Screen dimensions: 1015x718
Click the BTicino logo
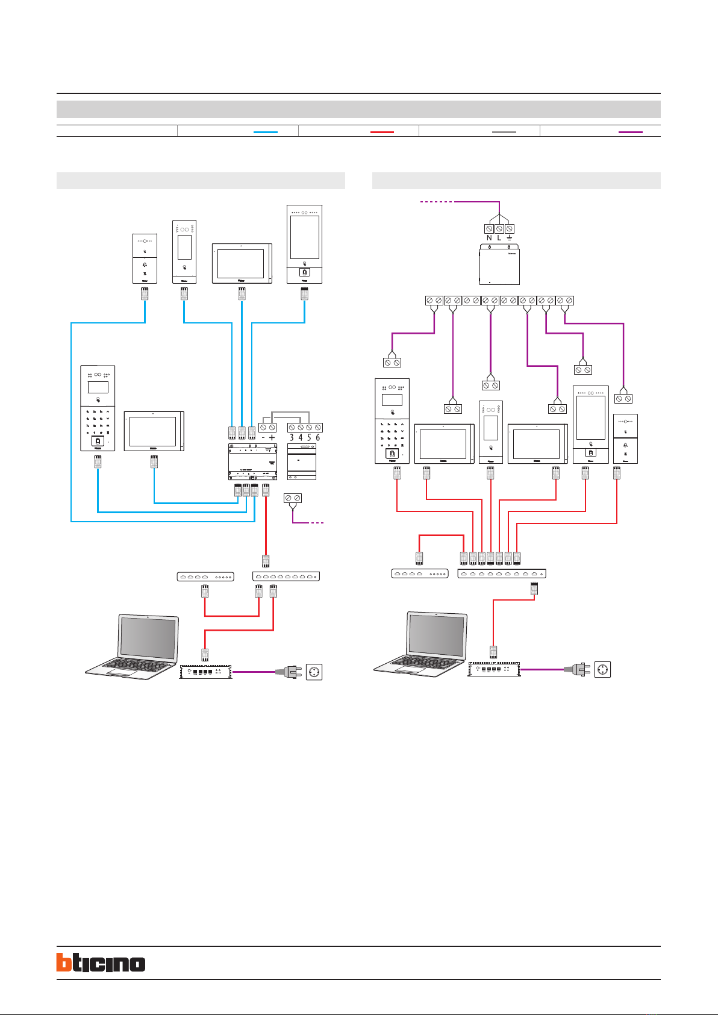[x=101, y=962]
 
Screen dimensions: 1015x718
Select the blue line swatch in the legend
[x=266, y=131]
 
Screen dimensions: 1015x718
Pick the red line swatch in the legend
[x=382, y=131]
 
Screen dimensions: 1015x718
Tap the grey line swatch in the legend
[x=504, y=131]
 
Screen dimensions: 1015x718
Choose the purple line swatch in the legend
[x=631, y=131]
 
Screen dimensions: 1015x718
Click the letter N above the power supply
[x=489, y=238]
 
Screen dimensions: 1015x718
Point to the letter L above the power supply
[x=499, y=238]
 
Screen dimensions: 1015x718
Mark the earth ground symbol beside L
[x=510, y=238]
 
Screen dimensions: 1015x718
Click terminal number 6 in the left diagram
[x=318, y=437]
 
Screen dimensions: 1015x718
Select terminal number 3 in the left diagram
[x=292, y=437]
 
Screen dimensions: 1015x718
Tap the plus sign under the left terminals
[x=272, y=437]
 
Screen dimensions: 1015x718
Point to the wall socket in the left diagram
[x=313, y=672]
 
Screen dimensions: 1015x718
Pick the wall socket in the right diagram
[x=602, y=669]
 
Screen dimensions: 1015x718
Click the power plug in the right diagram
[x=576, y=669]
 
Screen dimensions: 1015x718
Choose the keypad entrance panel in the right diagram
[x=392, y=420]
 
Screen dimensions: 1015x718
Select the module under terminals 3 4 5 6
[x=302, y=462]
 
